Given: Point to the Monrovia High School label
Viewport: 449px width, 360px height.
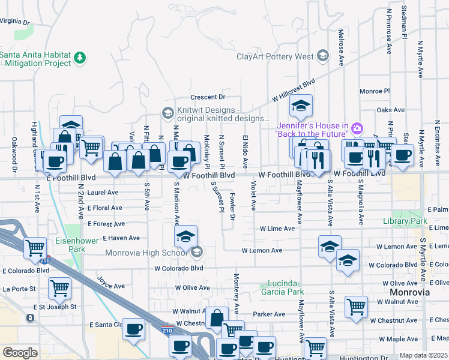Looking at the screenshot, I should tap(148, 253).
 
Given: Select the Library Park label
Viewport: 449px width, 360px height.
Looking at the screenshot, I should tap(405, 221).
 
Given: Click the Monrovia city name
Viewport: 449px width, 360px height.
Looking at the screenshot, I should tap(409, 292).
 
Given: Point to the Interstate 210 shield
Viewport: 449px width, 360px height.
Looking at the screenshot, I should tap(169, 329).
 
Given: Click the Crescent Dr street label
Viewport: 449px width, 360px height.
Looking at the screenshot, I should tap(207, 97).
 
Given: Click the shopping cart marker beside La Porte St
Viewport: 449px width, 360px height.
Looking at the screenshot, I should tap(60, 289).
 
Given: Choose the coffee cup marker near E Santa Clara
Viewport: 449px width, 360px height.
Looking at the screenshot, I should tap(133, 329).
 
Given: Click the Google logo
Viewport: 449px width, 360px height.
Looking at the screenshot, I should tap(20, 353).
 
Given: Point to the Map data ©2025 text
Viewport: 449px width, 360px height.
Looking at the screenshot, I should tap(423, 355).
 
